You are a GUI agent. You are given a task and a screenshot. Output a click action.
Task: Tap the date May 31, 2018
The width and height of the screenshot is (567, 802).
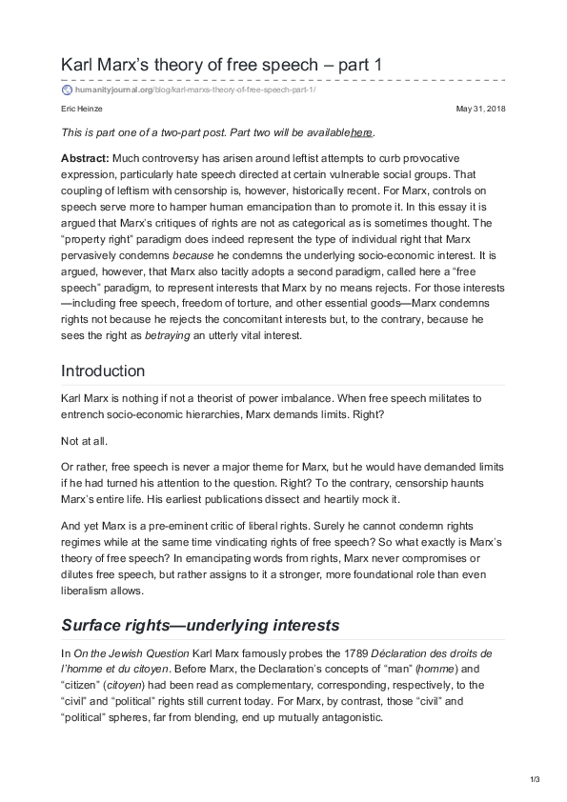click(482, 110)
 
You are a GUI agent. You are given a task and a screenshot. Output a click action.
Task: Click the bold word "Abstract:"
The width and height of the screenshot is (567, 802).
click(85, 155)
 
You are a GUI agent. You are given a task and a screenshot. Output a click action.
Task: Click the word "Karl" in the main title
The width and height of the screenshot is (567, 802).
click(79, 65)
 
